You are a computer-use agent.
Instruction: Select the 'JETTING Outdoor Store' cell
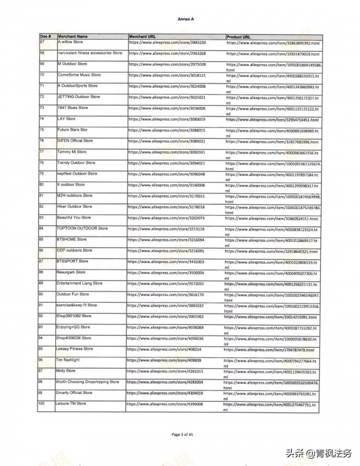(79, 97)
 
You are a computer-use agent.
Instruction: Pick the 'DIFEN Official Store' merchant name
(75, 141)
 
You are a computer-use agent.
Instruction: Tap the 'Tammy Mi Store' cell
(71, 152)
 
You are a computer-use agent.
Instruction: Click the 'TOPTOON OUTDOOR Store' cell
(82, 228)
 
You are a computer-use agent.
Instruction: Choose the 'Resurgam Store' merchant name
(71, 272)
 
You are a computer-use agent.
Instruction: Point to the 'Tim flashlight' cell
(67, 360)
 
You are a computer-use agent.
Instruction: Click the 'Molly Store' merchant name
(66, 371)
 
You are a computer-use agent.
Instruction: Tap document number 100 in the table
(42, 404)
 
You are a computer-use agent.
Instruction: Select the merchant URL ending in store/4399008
(165, 404)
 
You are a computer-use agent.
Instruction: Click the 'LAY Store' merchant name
(67, 119)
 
